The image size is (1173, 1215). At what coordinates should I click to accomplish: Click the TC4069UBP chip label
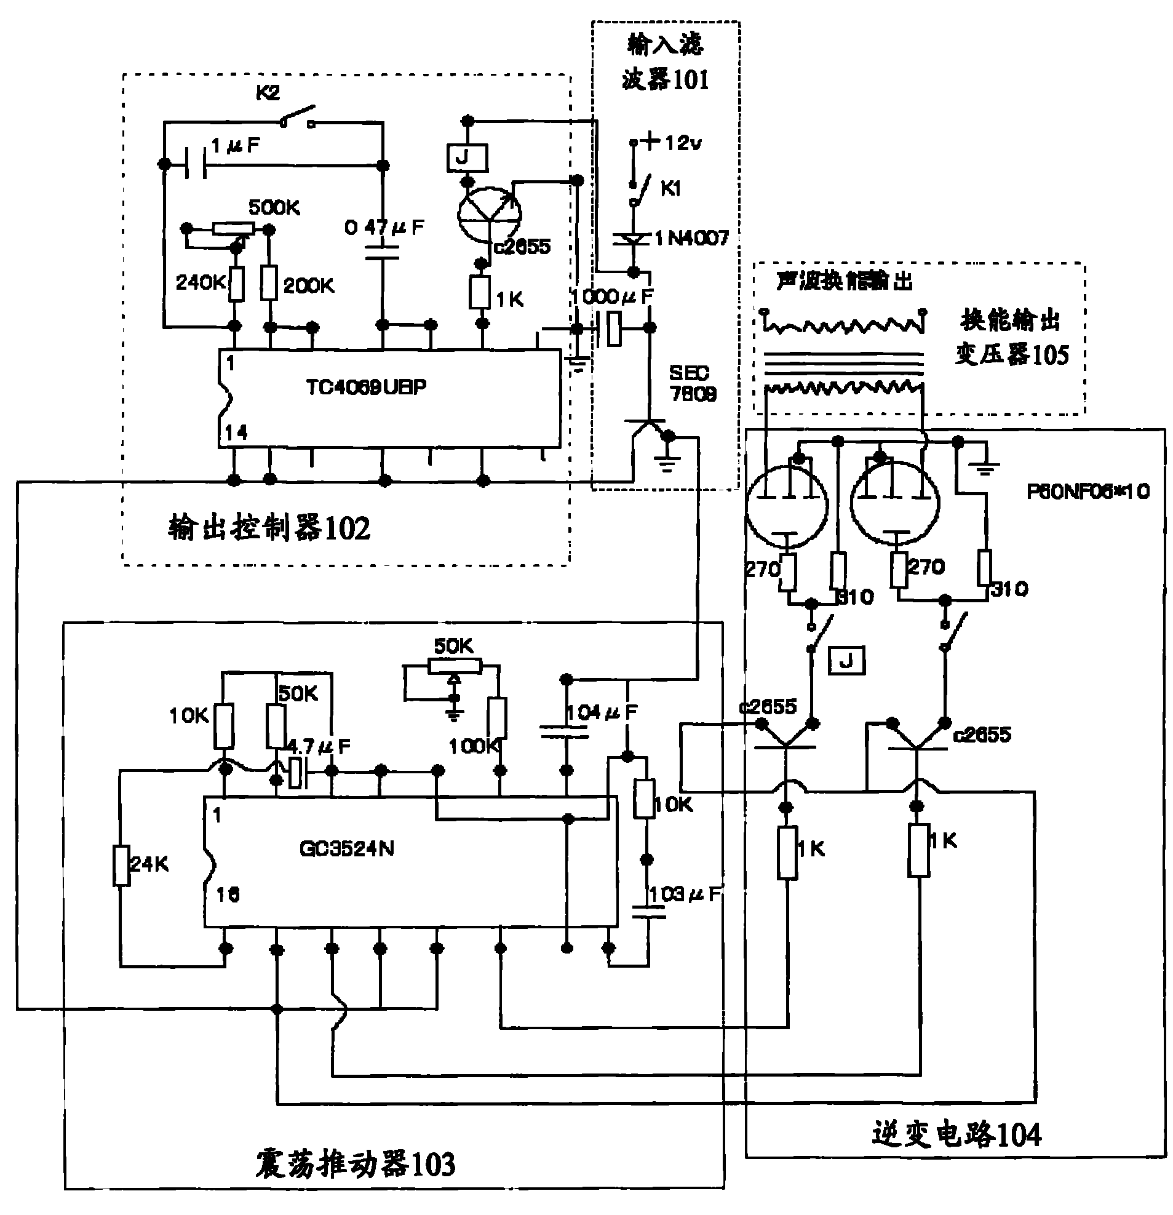(x=365, y=388)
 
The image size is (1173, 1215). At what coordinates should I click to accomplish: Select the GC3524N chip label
(x=346, y=848)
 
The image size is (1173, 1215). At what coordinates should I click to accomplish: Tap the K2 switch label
(x=268, y=93)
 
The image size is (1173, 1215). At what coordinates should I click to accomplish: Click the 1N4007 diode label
(x=691, y=238)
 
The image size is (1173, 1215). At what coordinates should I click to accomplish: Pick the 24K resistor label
(x=149, y=864)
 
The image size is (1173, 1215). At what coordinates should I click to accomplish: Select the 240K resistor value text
(x=201, y=282)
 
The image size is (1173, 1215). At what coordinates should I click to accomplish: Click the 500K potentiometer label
(x=274, y=207)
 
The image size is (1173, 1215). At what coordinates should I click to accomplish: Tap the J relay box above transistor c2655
(x=467, y=158)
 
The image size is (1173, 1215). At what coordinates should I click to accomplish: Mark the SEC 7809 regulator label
(x=692, y=383)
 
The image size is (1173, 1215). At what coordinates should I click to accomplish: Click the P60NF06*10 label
(x=1088, y=492)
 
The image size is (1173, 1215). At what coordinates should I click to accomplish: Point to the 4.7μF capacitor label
(x=319, y=746)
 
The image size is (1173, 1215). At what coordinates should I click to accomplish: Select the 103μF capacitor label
(x=685, y=894)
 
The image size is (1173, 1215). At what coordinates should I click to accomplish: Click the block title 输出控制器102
(x=269, y=528)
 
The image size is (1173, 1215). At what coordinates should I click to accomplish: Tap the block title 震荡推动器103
(x=355, y=1163)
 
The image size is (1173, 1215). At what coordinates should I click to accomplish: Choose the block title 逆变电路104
(x=956, y=1134)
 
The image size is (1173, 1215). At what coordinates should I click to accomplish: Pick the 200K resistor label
(x=309, y=286)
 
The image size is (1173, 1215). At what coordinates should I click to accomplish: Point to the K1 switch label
(x=670, y=188)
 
